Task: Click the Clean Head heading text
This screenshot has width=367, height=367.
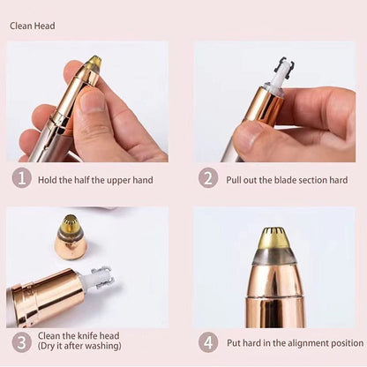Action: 33,26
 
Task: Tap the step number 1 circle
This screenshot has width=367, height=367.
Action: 21,178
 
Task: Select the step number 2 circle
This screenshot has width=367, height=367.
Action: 208,178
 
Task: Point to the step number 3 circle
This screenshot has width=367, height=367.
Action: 21,341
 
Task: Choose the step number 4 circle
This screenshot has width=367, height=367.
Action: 208,341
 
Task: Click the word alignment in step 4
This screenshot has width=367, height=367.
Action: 301,342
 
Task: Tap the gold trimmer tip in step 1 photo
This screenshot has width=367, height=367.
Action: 93,64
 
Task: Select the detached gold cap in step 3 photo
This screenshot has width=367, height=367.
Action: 71,237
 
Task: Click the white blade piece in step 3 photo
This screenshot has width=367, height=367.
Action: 96,278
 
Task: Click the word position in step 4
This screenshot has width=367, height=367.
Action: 343,342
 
